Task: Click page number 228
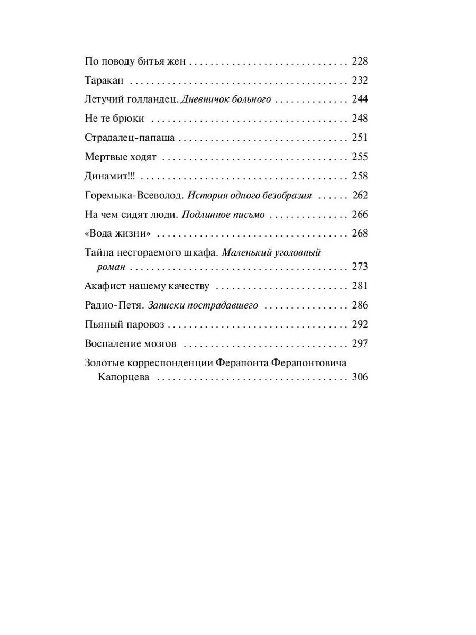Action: click(x=359, y=61)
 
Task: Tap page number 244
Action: click(x=359, y=99)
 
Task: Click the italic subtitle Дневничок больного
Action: click(x=226, y=99)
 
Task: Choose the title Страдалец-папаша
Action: click(x=130, y=138)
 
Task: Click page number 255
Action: click(x=359, y=157)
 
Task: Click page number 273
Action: click(x=359, y=267)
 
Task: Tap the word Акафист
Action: click(x=102, y=286)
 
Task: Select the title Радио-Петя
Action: click(x=114, y=305)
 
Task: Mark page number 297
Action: click(x=359, y=343)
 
